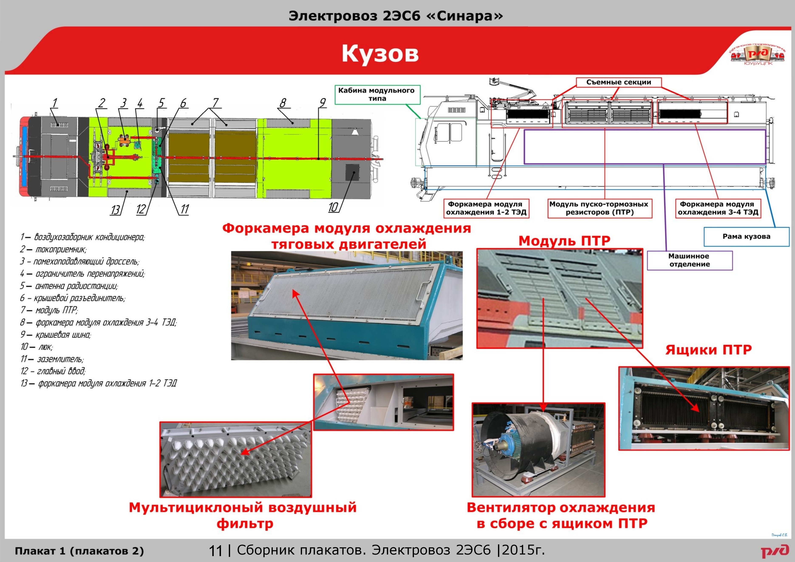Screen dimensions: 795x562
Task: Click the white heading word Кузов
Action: tap(380, 54)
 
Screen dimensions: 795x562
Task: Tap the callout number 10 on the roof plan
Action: tap(333, 207)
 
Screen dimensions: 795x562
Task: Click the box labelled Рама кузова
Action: tap(747, 237)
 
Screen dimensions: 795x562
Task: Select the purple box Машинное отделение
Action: tap(690, 260)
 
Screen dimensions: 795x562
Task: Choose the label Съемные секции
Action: tap(619, 82)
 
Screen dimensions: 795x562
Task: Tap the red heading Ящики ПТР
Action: tap(709, 350)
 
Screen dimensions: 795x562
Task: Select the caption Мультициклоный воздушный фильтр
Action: tap(243, 516)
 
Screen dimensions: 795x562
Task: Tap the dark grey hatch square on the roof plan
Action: tap(352, 172)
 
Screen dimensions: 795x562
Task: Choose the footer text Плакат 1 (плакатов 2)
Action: tap(79, 551)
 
